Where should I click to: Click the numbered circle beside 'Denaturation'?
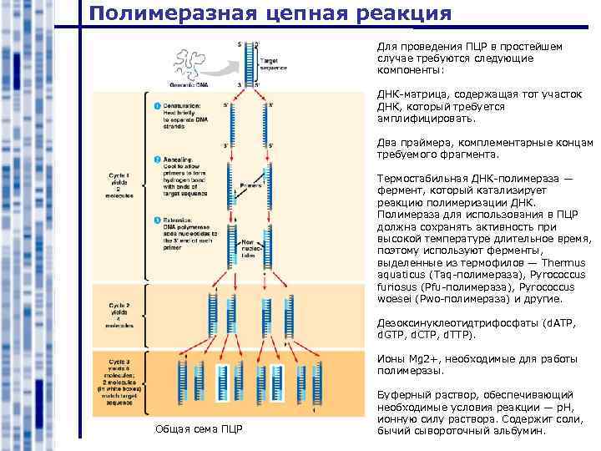(x=156, y=106)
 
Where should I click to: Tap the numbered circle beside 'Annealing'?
(x=156, y=160)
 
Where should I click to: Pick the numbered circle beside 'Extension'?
(x=156, y=220)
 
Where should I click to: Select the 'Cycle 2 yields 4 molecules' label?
(x=119, y=316)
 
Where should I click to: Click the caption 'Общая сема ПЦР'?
(x=199, y=429)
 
